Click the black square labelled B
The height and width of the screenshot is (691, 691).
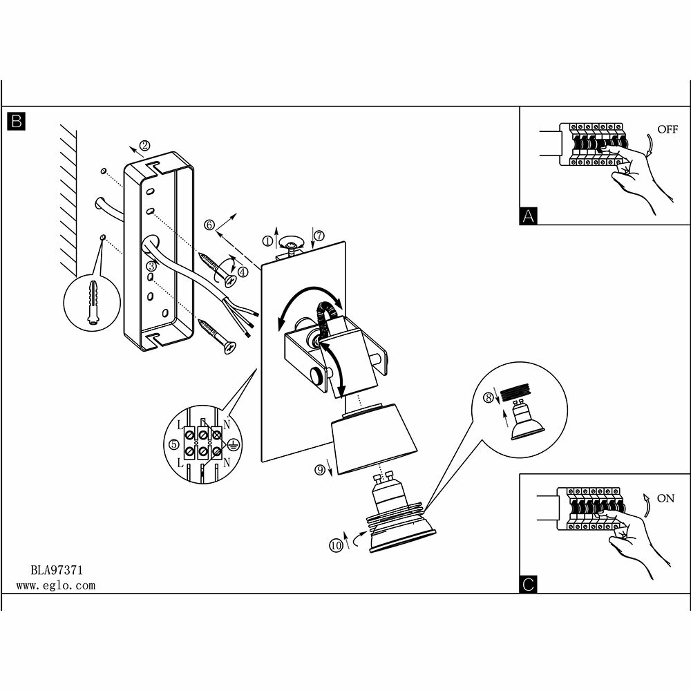pos(16,122)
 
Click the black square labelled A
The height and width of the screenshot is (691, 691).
pos(528,216)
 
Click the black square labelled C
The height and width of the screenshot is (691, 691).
pos(528,585)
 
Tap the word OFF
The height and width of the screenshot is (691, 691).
pos(668,129)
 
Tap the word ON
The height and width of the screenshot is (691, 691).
pos(666,498)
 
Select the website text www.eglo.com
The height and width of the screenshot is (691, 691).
pos(55,585)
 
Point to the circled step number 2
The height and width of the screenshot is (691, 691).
pos(144,145)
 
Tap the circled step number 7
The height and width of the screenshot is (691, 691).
pos(319,236)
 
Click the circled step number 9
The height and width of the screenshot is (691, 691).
pos(319,471)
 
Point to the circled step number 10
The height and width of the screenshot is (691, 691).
pos(337,545)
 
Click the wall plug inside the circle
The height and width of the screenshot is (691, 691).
pos(92,304)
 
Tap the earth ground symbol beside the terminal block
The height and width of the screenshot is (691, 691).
pos(233,446)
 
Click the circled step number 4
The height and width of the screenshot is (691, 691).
pos(243,272)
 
